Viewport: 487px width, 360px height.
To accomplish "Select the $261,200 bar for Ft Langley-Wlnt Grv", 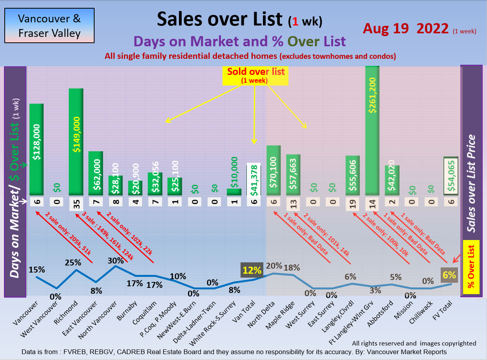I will pyautogui.click(x=372, y=131).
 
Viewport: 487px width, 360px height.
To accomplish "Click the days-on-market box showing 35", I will pyautogui.click(x=76, y=204).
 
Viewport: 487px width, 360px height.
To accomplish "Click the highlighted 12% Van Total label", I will pyautogui.click(x=252, y=270).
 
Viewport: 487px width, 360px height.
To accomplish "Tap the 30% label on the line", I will pyautogui.click(x=115, y=260).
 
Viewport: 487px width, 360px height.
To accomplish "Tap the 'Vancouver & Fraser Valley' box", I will pyautogui.click(x=49, y=26).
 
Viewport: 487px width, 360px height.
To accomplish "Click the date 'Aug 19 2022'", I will pyautogui.click(x=405, y=29).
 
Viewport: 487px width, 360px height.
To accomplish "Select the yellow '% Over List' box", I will pyautogui.click(x=471, y=267).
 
